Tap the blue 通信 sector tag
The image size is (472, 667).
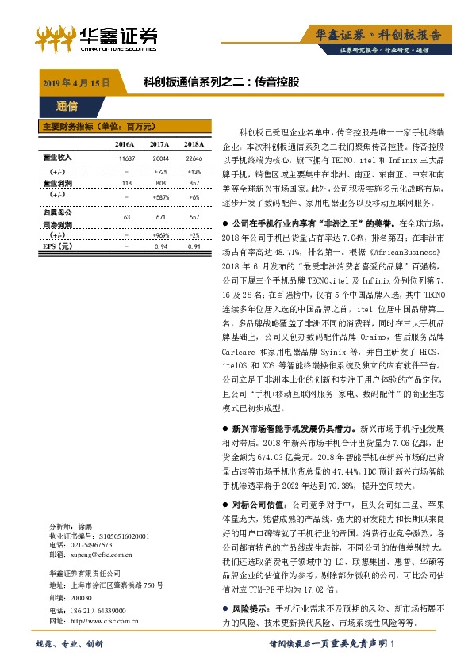coord(67,105)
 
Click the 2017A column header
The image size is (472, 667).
coord(159,144)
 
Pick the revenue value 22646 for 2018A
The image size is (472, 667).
coord(193,158)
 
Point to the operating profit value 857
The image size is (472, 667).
coord(193,181)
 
